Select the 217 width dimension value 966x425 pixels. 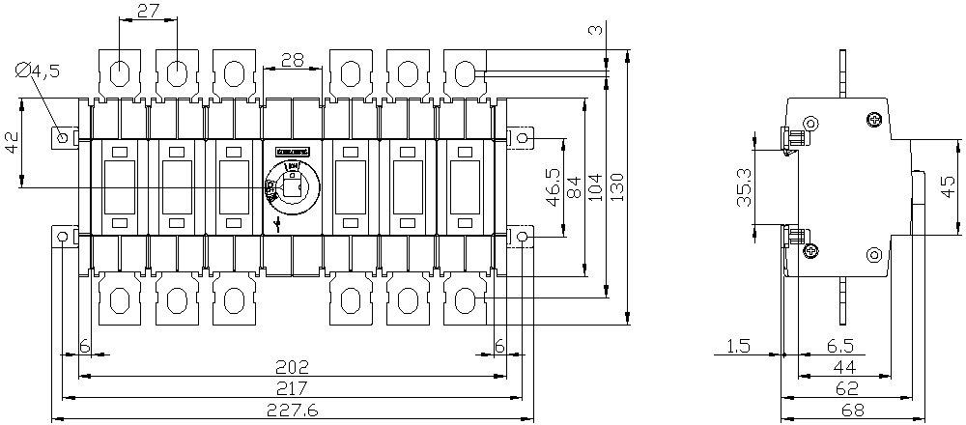[292, 388]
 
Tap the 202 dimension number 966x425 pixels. [292, 366]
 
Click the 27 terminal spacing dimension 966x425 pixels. [148, 11]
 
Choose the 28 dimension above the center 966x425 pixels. [292, 60]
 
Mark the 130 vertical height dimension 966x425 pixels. [617, 182]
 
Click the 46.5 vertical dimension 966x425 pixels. [553, 186]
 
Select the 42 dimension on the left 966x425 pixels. [12, 143]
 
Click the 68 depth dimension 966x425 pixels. [851, 411]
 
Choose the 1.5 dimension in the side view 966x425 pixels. [739, 346]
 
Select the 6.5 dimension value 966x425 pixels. [838, 346]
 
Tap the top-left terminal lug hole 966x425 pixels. [121, 72]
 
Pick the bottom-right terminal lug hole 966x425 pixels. [465, 300]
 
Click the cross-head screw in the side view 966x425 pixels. [874, 119]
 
